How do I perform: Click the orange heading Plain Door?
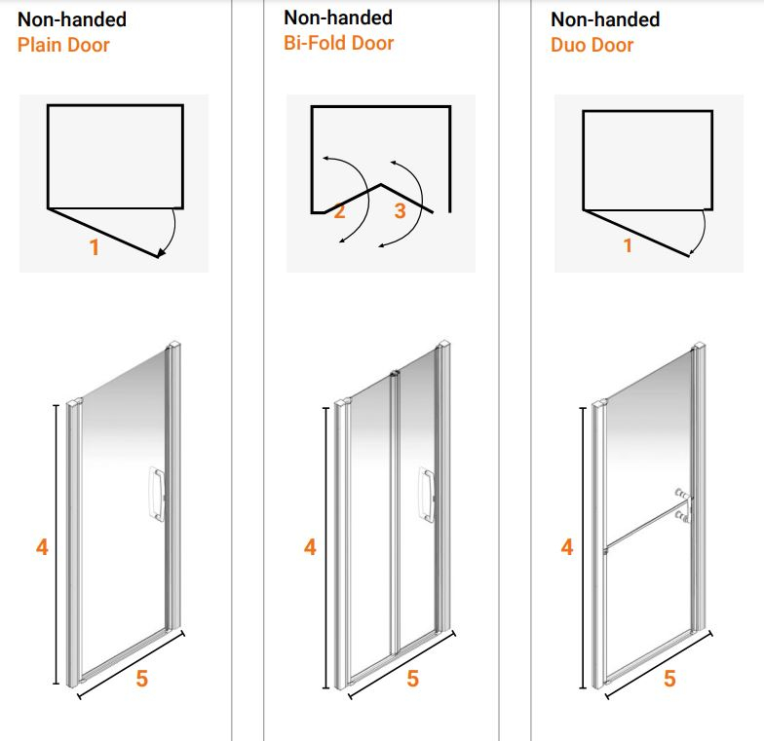click(x=63, y=45)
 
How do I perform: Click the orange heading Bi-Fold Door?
click(x=338, y=43)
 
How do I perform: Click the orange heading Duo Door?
click(x=592, y=45)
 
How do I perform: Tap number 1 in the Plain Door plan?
click(x=95, y=247)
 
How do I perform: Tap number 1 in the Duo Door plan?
click(x=628, y=245)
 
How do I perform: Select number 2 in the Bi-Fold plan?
click(x=340, y=211)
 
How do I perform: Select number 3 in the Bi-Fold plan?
click(x=400, y=211)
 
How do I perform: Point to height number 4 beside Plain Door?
click(x=42, y=547)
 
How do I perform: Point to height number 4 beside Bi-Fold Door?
click(x=310, y=547)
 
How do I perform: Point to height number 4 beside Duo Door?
click(x=567, y=547)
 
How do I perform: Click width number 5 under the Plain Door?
click(x=142, y=679)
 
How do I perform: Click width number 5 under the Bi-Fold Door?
click(x=412, y=679)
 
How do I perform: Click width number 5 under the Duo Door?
click(x=669, y=679)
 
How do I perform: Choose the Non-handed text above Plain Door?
click(x=72, y=19)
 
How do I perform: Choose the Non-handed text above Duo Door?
click(x=605, y=19)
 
